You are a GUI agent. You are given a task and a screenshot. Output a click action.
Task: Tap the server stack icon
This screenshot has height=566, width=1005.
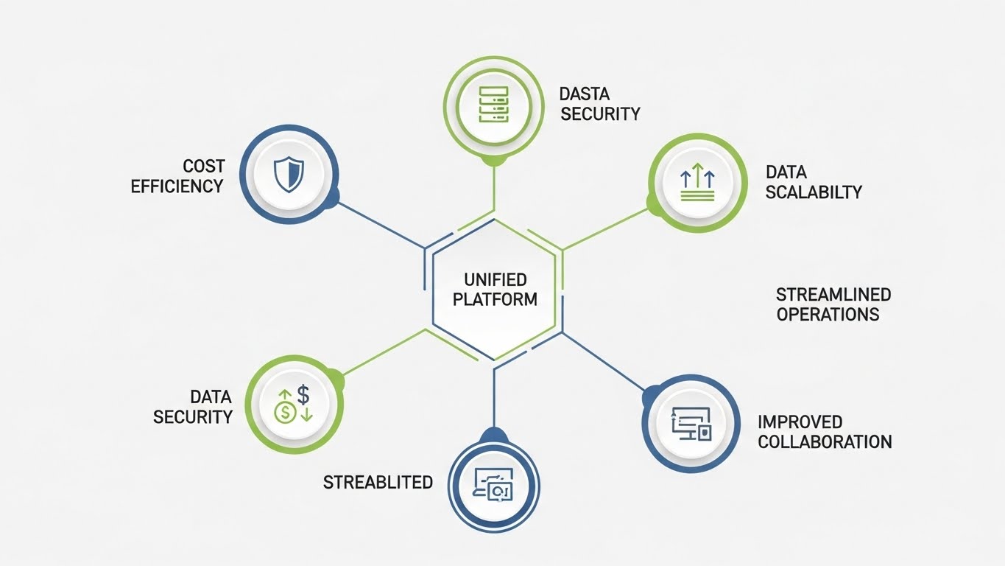point(493,103)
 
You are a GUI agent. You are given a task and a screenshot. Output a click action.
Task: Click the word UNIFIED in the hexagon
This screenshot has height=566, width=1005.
point(496,280)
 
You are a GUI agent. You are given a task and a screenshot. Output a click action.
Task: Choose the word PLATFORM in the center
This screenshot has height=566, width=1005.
point(495,300)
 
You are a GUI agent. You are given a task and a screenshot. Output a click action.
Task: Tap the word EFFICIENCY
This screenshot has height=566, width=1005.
point(177,186)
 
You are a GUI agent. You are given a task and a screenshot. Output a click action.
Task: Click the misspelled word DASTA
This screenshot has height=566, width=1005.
point(585,94)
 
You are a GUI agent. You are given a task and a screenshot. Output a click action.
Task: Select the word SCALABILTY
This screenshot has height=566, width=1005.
point(814,192)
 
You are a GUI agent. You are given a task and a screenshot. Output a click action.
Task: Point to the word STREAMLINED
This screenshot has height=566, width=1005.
point(833,295)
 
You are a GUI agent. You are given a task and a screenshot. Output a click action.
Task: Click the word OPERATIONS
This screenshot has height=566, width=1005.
point(828,315)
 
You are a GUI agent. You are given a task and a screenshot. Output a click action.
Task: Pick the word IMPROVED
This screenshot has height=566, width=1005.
point(800,422)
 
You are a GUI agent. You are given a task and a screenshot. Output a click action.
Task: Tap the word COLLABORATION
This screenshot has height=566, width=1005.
point(825,442)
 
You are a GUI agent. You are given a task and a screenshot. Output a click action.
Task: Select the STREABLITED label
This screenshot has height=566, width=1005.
point(378,483)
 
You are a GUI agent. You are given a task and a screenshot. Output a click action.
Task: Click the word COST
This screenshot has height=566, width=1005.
point(204,167)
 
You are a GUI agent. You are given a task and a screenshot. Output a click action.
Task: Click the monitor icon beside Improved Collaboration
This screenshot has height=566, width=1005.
point(691,423)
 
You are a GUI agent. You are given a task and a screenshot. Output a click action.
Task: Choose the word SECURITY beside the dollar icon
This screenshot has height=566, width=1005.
point(193,417)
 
